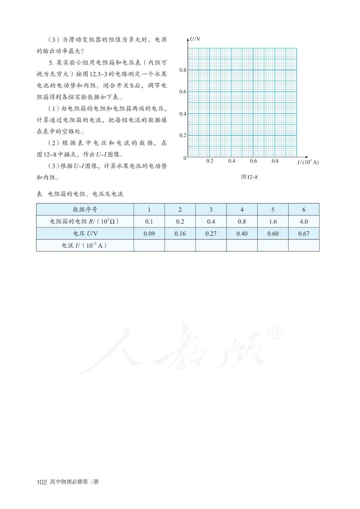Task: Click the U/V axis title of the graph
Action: coord(195,39)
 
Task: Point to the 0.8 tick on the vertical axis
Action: coord(183,70)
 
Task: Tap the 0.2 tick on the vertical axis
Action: coord(183,135)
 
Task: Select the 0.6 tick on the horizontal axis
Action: coord(253,161)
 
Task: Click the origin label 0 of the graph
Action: coord(185,158)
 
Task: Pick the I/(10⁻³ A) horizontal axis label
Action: coord(308,162)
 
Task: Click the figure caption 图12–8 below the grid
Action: coord(249,177)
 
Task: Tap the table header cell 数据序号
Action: coord(85,210)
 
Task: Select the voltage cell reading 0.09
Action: coord(149,234)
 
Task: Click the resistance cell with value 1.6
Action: coord(273,222)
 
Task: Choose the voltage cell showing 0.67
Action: coord(304,234)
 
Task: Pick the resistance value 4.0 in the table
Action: coord(304,222)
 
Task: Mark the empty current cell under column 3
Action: coord(211,246)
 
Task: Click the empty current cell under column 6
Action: coord(304,246)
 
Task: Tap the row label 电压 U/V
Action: coord(85,234)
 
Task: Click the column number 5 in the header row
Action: coord(273,210)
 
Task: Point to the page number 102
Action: coord(42,482)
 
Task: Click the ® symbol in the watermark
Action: coord(275,332)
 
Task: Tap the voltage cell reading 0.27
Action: coord(211,234)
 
